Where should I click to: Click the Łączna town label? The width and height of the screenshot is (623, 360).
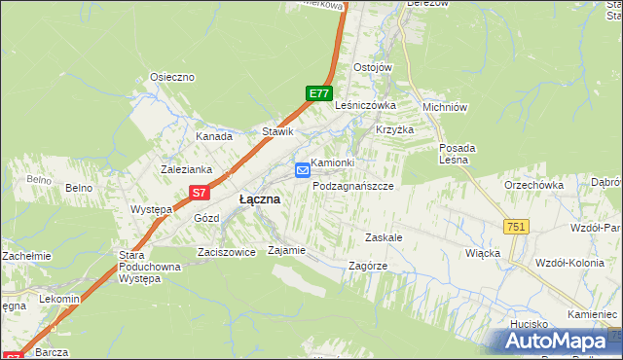click(260, 198)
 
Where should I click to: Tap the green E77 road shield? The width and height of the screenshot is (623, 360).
click(318, 93)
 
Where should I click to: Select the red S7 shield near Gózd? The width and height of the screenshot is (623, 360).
click(199, 193)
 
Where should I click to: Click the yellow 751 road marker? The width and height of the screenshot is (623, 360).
click(516, 226)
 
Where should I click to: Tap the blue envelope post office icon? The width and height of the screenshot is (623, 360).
click(302, 171)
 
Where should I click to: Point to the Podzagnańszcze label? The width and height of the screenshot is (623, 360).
click(352, 185)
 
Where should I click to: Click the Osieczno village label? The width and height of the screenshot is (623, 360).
click(172, 77)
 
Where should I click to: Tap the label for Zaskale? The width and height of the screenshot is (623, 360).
click(384, 237)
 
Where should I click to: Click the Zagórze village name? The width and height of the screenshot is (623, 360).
click(368, 266)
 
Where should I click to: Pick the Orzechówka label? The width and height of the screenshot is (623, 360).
click(533, 184)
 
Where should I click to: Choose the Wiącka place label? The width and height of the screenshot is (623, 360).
click(483, 253)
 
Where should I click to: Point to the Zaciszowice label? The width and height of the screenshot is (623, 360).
click(225, 251)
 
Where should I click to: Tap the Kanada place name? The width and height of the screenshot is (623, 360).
click(213, 136)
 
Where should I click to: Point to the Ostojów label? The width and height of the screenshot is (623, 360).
click(372, 67)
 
